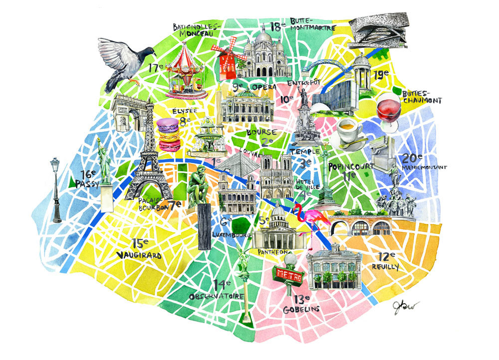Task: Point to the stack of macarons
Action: click(169, 134)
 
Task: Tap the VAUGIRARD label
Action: click(139, 255)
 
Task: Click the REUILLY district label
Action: click(385, 267)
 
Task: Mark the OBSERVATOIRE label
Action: click(217, 296)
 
